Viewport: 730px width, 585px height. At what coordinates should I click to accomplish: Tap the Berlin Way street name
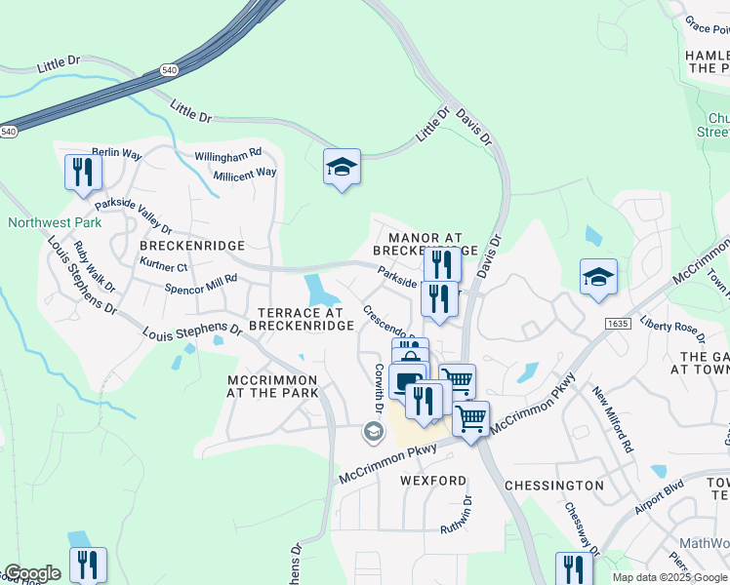point(117,154)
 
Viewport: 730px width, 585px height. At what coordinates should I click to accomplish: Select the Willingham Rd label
point(227,153)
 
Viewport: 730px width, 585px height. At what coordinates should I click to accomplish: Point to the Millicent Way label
point(245,173)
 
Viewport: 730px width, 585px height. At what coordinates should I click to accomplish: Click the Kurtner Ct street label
point(163,265)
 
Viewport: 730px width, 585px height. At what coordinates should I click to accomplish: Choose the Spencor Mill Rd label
point(201,285)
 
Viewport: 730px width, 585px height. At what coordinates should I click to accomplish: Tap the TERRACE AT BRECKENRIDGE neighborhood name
point(304,318)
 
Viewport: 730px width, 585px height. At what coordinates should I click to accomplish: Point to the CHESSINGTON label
point(554,485)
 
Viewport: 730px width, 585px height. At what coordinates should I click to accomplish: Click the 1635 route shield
point(617,323)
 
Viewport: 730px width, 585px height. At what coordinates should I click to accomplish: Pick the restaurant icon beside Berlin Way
point(83,172)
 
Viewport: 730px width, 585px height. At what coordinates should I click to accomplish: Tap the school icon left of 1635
point(598,277)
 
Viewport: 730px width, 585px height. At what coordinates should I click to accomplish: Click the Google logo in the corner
point(32,574)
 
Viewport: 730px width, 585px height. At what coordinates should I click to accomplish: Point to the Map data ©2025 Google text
point(669,577)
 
